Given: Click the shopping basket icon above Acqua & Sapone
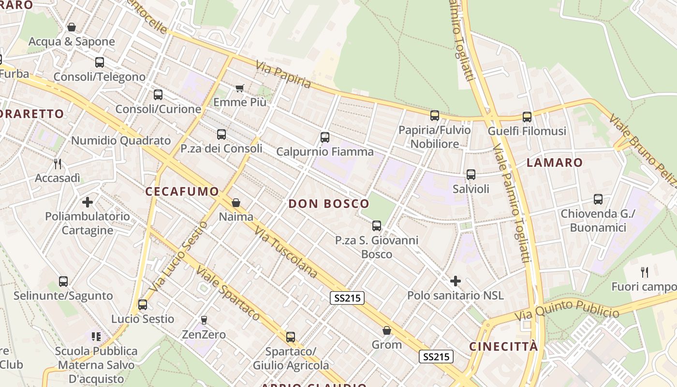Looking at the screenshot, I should [x=72, y=27].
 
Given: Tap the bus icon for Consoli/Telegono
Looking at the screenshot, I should [x=100, y=62].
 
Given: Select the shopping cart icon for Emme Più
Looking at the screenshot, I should [x=239, y=88].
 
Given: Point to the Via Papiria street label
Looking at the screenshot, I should [x=283, y=74].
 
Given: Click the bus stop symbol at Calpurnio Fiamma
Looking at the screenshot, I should [x=325, y=137].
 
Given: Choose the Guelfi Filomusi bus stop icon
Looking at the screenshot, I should [x=527, y=117].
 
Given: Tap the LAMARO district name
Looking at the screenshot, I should [x=555, y=163].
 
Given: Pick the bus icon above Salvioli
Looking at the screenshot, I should [x=471, y=175].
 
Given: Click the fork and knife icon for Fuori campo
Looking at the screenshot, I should [x=644, y=272].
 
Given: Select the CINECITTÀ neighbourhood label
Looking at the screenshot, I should [x=503, y=346].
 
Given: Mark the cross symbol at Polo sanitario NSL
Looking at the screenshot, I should [x=455, y=281].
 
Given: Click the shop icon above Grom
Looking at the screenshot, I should [x=387, y=330].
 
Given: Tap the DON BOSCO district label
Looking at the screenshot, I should [x=329, y=204].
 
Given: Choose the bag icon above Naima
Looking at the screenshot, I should [x=236, y=203].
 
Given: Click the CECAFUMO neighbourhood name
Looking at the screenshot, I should [x=182, y=192].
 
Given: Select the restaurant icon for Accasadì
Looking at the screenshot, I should [x=58, y=164].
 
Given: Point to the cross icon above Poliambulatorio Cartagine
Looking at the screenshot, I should [x=88, y=202].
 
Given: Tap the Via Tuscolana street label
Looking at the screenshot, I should [x=286, y=253].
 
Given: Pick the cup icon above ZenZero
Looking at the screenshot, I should [x=204, y=320].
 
